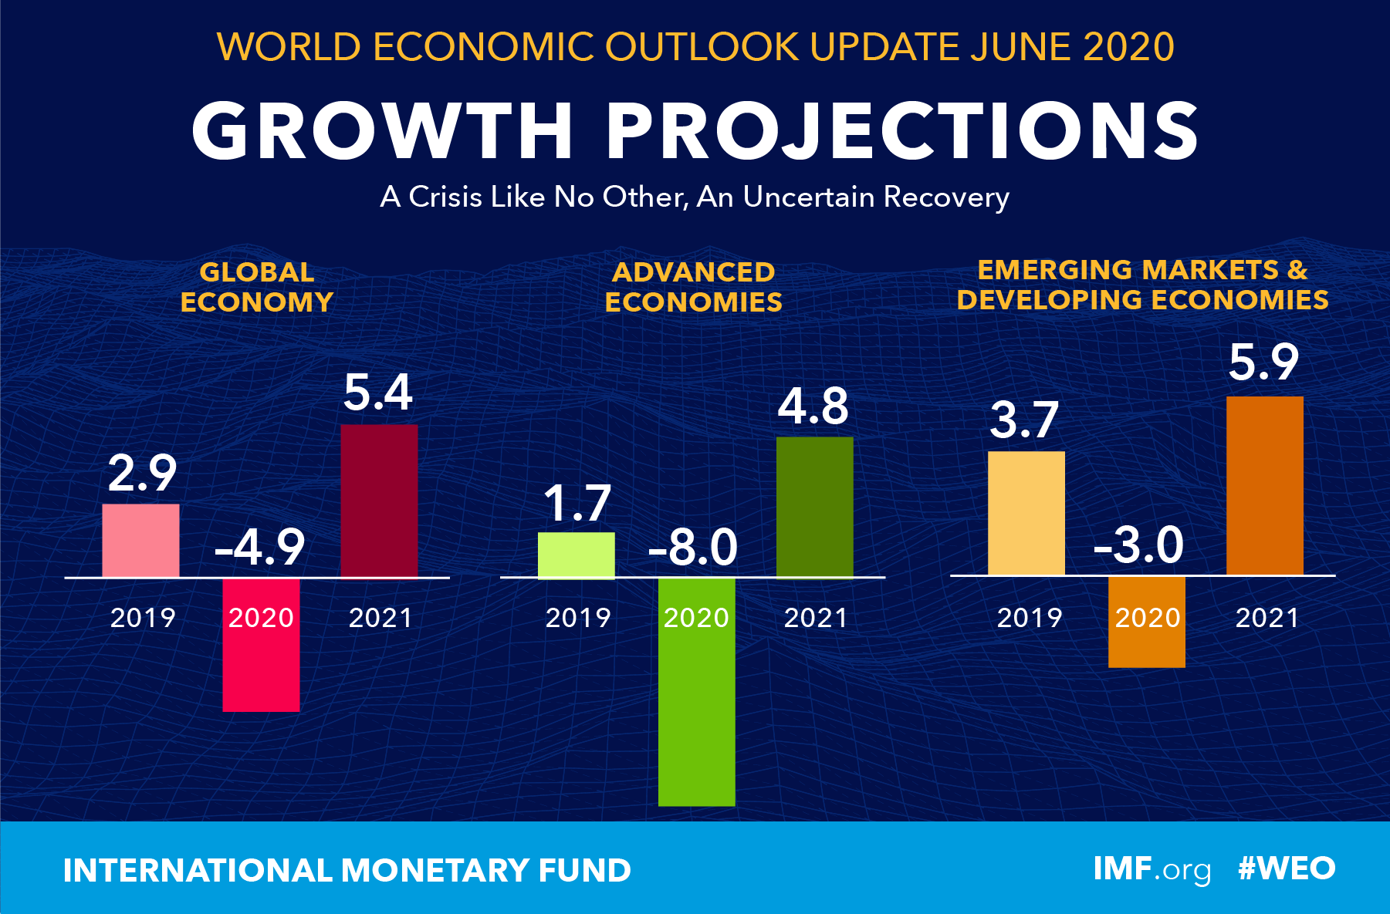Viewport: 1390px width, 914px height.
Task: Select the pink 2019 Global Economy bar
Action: pos(140,540)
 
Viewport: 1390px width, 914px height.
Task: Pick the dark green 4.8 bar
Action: pos(814,506)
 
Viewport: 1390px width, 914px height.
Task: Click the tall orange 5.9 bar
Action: pos(1264,485)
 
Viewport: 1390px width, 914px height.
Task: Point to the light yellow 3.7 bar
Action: pos(1026,513)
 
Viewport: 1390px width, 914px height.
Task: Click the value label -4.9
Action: pos(260,548)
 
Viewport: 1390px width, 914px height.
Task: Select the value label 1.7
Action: pos(577,504)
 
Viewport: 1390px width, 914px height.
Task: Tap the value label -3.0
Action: pos(1139,545)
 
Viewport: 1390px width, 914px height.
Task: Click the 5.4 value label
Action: pos(377,393)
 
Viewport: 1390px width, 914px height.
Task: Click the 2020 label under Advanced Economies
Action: pos(696,618)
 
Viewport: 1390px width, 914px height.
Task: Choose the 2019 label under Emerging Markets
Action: pos(1030,618)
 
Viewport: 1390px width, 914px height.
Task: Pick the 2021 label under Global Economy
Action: pos(380,618)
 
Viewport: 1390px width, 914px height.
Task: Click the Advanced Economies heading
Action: pos(693,287)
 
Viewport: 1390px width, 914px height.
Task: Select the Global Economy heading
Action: pos(257,287)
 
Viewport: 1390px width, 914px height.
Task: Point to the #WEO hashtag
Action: pos(1286,868)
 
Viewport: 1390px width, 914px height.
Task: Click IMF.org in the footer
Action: pos(1152,869)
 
